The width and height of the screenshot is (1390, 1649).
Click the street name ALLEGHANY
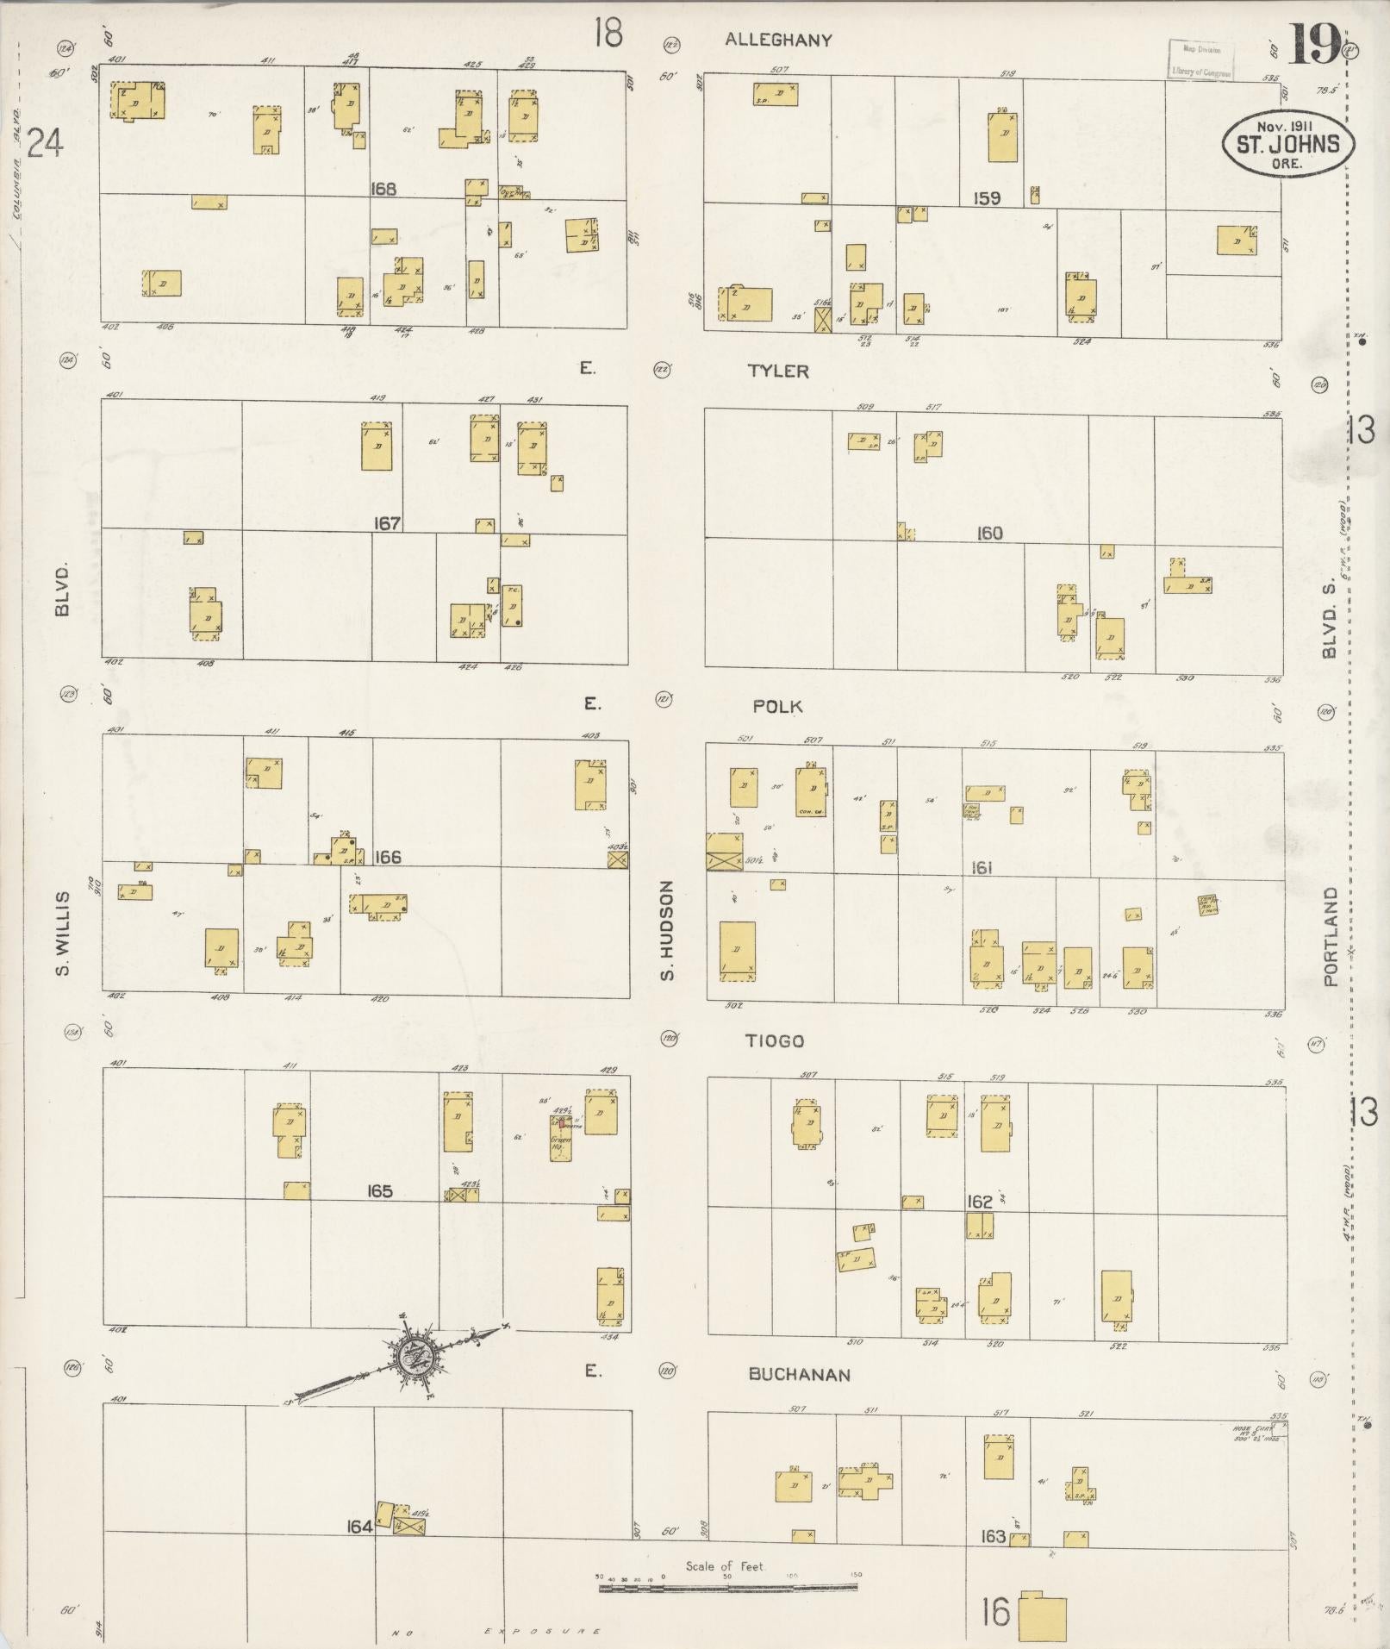point(778,40)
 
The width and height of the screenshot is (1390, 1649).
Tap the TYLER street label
point(778,372)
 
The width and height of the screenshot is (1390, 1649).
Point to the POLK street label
point(777,707)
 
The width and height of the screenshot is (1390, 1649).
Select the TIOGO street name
point(775,1041)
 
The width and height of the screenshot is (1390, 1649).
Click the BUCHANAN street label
point(799,1375)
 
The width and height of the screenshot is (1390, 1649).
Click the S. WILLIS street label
point(62,934)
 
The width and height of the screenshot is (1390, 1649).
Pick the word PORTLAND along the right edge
point(1332,936)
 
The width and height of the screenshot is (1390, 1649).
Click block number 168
point(383,189)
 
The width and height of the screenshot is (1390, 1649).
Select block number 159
point(987,198)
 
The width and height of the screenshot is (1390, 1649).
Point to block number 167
point(387,523)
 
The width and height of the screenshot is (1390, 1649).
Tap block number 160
point(989,534)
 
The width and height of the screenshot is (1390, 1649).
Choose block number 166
point(388,858)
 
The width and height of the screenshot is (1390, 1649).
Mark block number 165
point(379,1191)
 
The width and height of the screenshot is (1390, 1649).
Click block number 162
point(980,1202)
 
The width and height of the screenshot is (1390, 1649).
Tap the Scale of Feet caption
point(726,1566)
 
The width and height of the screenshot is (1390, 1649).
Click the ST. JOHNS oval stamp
point(1287,142)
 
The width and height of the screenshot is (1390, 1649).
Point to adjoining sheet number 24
point(45,143)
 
